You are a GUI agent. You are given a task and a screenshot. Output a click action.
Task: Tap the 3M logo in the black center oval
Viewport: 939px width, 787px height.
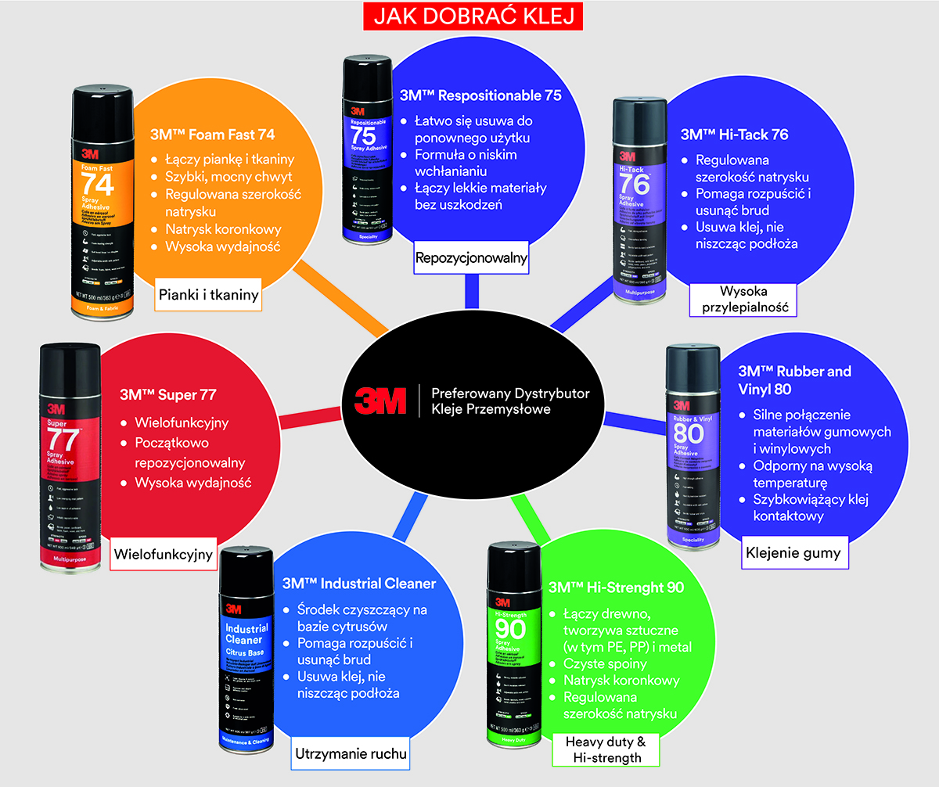(x=380, y=400)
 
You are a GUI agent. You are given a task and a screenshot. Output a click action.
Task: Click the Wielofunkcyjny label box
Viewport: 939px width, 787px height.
(x=163, y=555)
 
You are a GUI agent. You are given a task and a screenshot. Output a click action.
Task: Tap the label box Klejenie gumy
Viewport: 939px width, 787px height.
(x=793, y=553)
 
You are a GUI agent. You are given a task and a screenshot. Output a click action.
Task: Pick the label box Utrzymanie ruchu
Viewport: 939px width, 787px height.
(x=352, y=754)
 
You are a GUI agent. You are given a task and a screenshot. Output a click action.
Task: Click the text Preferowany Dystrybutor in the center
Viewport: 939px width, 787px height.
(x=510, y=392)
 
